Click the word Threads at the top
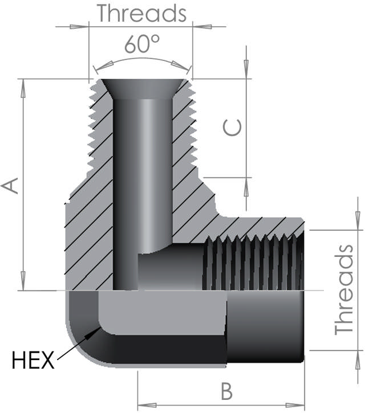[x=141, y=13]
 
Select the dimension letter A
[x=11, y=186]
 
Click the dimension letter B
[x=226, y=391]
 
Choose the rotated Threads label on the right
[x=344, y=289]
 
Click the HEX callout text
[x=33, y=359]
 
